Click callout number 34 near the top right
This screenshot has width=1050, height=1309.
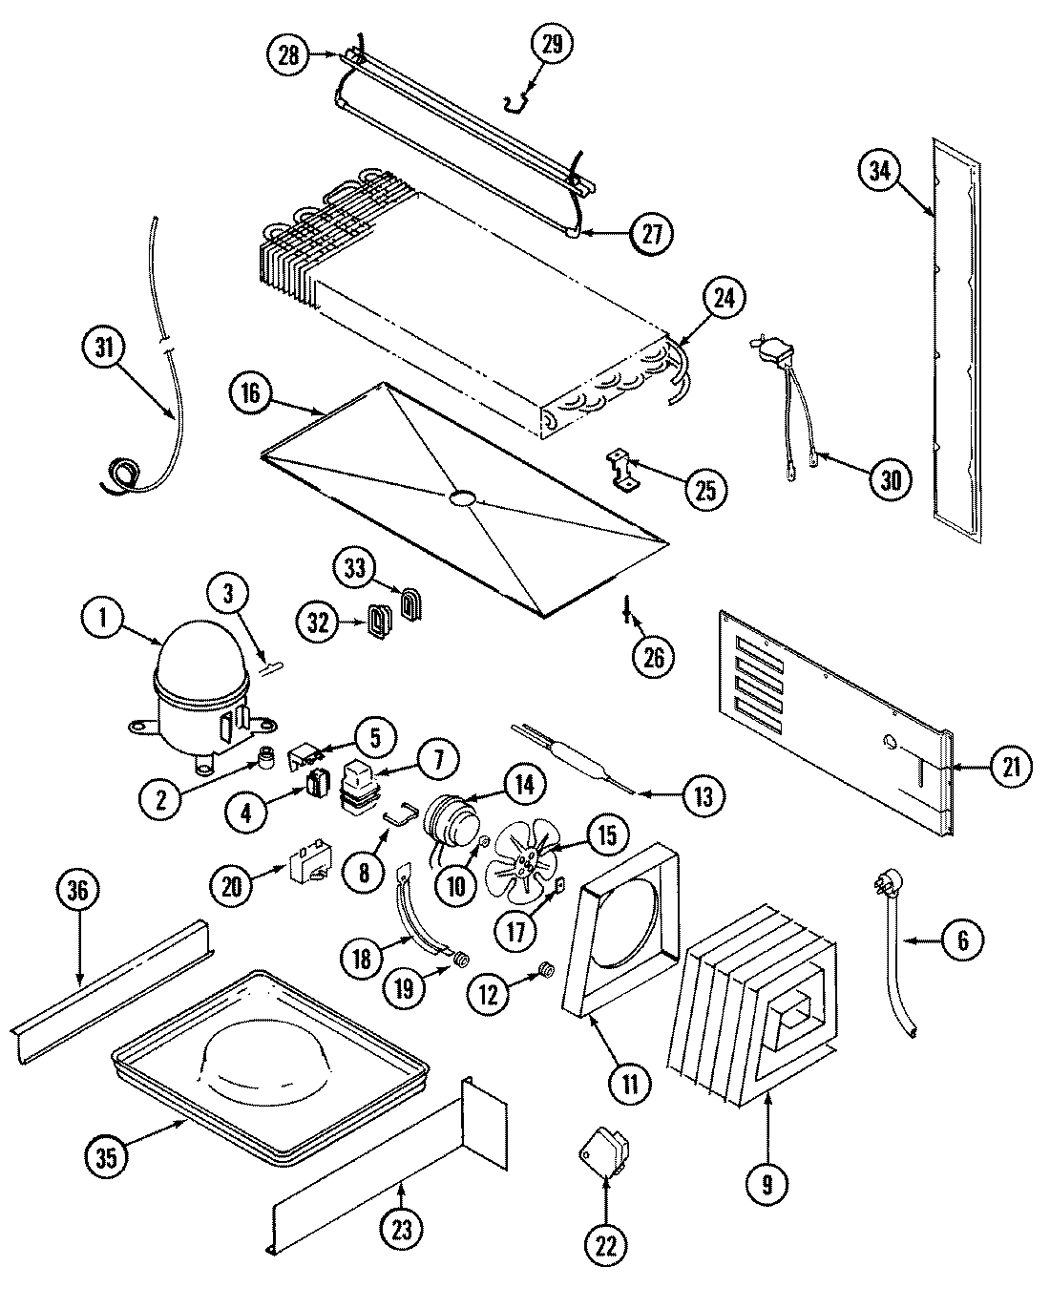[880, 172]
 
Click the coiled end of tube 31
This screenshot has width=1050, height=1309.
[122, 474]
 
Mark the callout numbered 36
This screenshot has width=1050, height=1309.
[78, 892]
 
